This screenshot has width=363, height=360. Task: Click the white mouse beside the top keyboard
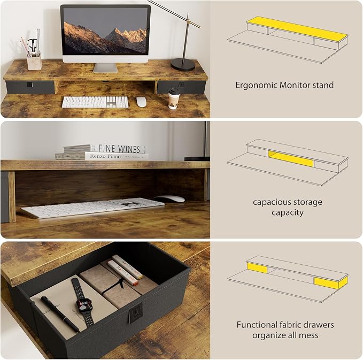pos(141,102)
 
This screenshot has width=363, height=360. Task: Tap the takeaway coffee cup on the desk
pos(174,98)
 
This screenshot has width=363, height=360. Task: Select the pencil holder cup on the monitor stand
pos(34,61)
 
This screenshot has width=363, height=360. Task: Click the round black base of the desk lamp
pos(183,64)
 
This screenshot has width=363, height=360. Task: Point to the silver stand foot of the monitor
pos(105,67)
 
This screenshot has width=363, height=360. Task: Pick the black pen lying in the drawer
pos(60,314)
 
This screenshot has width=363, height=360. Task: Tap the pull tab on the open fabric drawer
pos(135,315)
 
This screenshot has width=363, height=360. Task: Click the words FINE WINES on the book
pos(119,149)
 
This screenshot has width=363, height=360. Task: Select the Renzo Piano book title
pos(105,156)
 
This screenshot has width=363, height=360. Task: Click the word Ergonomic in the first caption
pos(257,85)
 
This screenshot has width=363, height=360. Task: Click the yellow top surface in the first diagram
pos(297,28)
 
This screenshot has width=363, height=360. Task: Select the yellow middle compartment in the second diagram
pos(291,159)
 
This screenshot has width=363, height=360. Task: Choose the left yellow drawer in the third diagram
pos(257,268)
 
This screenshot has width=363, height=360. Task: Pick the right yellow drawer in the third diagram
pos(330,282)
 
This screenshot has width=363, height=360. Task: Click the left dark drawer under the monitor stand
pos(30,87)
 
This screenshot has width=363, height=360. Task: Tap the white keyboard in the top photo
pos(95,102)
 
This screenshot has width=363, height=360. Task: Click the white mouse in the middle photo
pos(169,199)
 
